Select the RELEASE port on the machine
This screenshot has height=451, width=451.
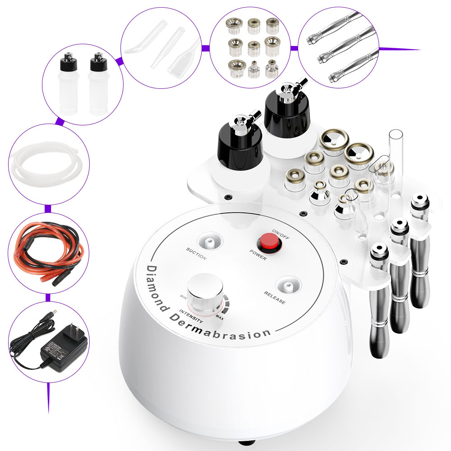[285, 286]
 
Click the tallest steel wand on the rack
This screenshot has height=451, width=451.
[419, 253]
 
